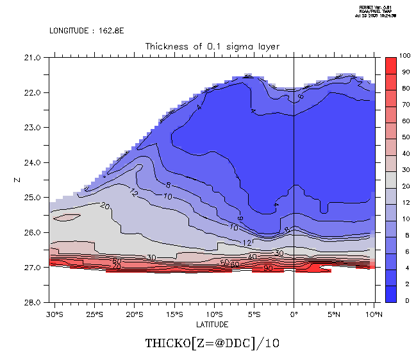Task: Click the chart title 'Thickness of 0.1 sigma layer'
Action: [212, 46]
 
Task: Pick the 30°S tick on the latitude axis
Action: [54, 314]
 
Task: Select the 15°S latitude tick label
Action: [174, 314]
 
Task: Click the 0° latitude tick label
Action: [294, 314]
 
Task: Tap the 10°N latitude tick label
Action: [374, 314]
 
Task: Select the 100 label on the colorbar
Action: [404, 57]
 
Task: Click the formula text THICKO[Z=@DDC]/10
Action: [212, 343]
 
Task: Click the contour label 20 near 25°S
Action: [106, 206]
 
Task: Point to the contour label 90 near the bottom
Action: [267, 268]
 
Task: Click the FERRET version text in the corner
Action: [383, 11]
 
